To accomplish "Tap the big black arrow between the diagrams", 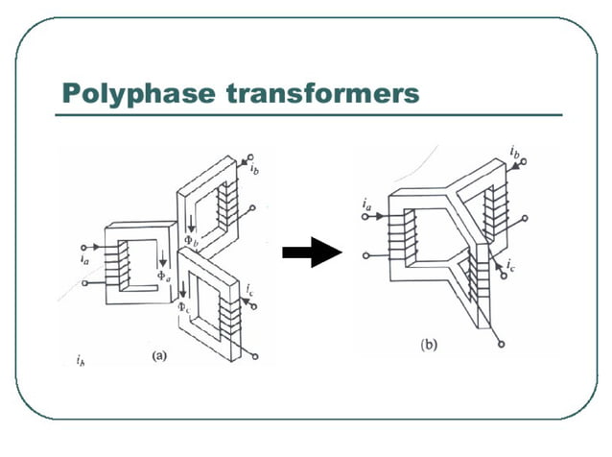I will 313,253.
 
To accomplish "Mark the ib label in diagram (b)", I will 515,152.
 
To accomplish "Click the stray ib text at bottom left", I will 80,361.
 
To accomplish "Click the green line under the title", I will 307,115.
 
